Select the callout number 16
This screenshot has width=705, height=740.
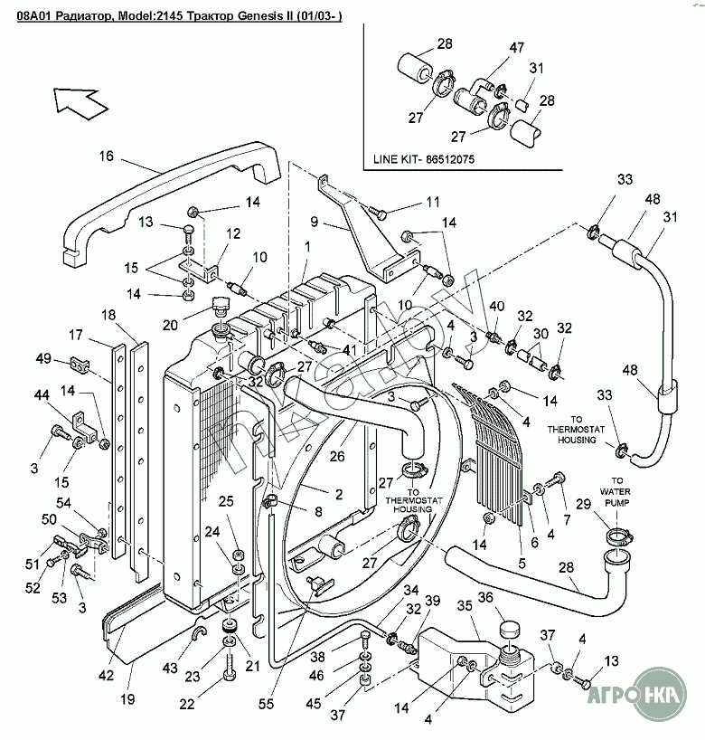pyautogui.click(x=106, y=157)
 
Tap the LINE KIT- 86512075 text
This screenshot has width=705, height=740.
pyautogui.click(x=424, y=160)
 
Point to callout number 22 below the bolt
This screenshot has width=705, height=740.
pyautogui.click(x=186, y=705)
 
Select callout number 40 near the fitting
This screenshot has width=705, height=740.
pyautogui.click(x=495, y=306)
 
